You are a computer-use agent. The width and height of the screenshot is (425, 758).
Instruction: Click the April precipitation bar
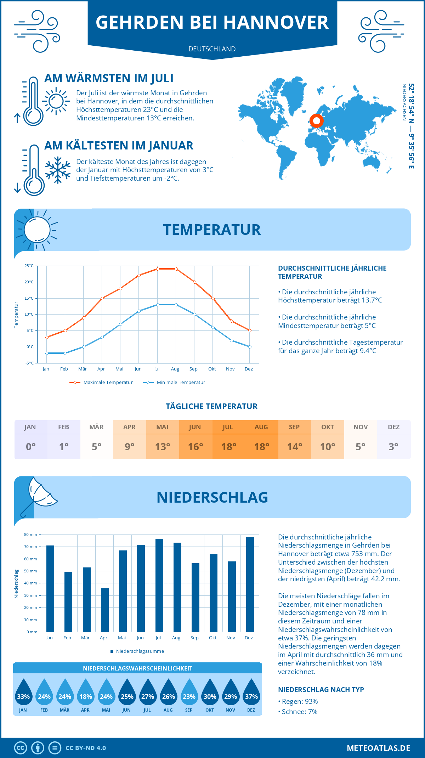(x=105, y=610)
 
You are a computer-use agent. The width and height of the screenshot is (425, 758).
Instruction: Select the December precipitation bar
(x=250, y=584)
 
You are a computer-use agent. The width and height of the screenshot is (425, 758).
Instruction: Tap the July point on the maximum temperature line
(x=158, y=269)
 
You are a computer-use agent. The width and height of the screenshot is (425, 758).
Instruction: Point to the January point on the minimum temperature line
(x=47, y=353)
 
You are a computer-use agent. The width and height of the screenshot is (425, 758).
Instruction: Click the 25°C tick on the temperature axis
(x=29, y=266)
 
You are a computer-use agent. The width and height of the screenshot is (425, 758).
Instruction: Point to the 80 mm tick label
(x=30, y=534)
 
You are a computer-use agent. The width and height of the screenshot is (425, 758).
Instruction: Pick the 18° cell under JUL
(x=228, y=447)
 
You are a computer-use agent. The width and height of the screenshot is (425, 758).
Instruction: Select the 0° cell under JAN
(x=30, y=447)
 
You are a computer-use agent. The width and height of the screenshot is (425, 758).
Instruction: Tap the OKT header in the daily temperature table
(x=328, y=427)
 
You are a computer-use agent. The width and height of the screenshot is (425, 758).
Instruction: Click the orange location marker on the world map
(x=317, y=121)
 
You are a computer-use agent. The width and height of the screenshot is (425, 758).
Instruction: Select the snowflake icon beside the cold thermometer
(x=58, y=170)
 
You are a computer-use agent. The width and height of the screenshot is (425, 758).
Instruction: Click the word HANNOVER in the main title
(x=276, y=22)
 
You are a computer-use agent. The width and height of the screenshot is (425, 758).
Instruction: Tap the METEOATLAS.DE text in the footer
(x=378, y=748)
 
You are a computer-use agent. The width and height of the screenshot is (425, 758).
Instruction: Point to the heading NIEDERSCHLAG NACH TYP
(x=321, y=690)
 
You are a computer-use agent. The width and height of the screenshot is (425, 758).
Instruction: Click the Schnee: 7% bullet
(x=298, y=712)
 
